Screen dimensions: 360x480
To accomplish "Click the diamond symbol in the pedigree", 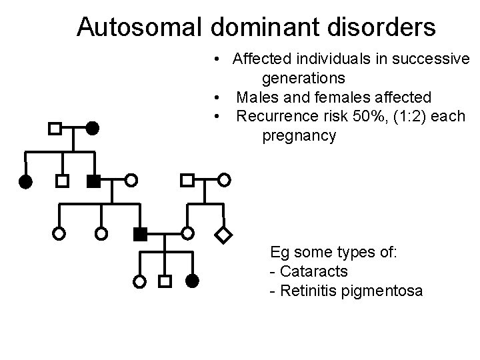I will (x=225, y=234).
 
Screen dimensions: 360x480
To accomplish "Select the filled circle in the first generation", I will (x=93, y=127).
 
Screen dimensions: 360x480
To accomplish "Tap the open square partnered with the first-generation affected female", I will (x=56, y=127).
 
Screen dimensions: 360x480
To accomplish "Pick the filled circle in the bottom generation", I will (x=192, y=281).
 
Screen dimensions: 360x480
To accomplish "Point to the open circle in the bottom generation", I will (x=139, y=281).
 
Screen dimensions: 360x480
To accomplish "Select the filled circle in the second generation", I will (x=25, y=181).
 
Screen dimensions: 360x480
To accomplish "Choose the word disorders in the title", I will (x=387, y=27).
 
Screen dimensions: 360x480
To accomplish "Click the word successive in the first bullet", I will (x=431, y=59).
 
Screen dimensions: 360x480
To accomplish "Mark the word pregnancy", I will (x=299, y=136).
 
